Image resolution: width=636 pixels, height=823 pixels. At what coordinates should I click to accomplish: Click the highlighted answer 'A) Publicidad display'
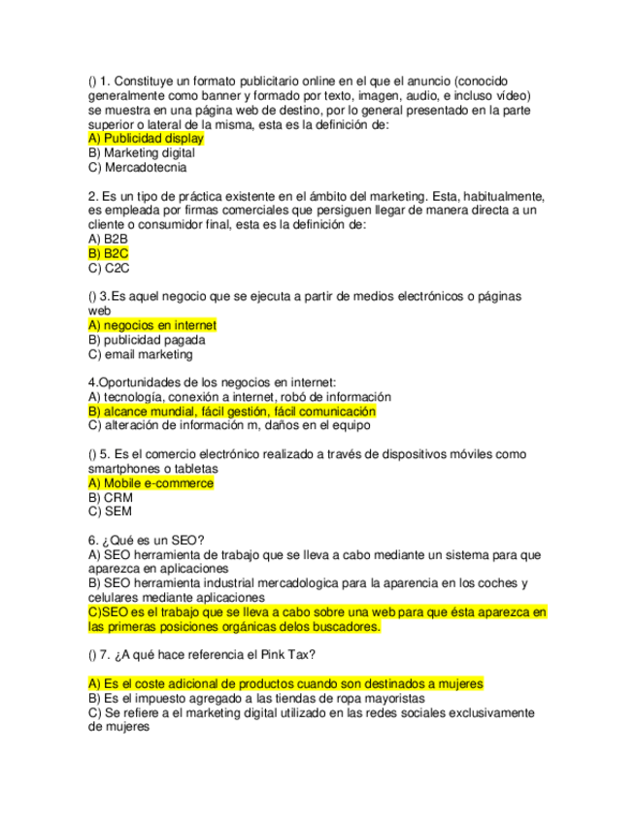(146, 139)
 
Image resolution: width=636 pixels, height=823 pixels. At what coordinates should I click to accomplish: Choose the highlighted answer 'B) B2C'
(109, 253)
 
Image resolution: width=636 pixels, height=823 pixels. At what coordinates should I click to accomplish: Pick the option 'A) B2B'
(108, 239)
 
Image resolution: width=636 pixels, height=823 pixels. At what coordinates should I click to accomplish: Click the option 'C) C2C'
(109, 268)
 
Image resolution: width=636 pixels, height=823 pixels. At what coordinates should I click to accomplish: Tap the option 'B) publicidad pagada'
(147, 340)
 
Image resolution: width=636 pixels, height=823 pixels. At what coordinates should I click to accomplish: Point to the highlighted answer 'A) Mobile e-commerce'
(151, 483)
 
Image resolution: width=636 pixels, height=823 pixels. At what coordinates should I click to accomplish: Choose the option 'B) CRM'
(110, 497)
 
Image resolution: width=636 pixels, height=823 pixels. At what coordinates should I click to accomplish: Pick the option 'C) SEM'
(110, 511)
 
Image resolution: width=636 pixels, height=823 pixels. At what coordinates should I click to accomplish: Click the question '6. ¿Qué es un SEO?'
(152, 541)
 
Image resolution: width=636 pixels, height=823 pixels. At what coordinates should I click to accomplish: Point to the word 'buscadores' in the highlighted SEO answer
(347, 627)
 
